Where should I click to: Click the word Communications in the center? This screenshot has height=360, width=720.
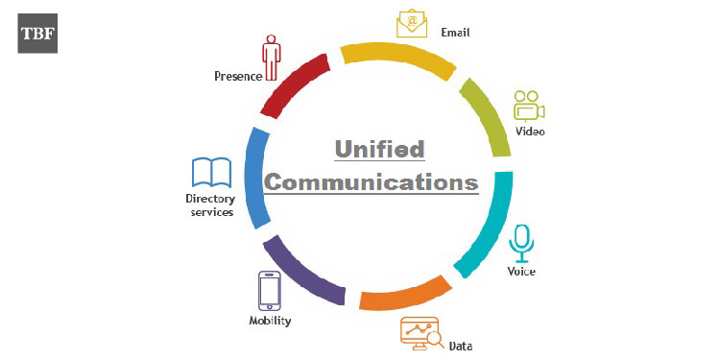(x=372, y=181)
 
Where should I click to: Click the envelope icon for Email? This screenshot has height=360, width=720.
(x=412, y=24)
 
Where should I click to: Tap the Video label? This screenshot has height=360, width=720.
(x=530, y=132)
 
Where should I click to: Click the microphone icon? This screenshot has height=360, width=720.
(x=521, y=243)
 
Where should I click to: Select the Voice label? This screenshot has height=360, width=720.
(x=521, y=272)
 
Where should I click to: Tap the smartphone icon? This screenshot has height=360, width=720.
(x=269, y=290)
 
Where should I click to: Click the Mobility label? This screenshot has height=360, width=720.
(x=270, y=321)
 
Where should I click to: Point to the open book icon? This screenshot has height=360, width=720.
(x=212, y=173)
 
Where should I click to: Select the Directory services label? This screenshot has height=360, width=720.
(x=210, y=205)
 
